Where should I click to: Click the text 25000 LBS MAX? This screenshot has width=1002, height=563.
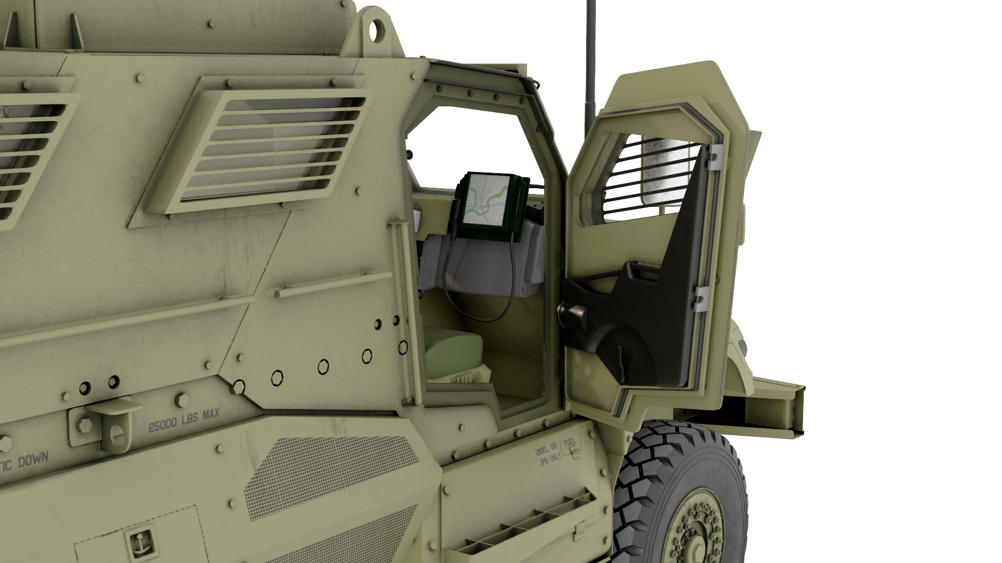click(184, 421)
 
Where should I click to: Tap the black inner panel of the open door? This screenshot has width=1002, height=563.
click(658, 292)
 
